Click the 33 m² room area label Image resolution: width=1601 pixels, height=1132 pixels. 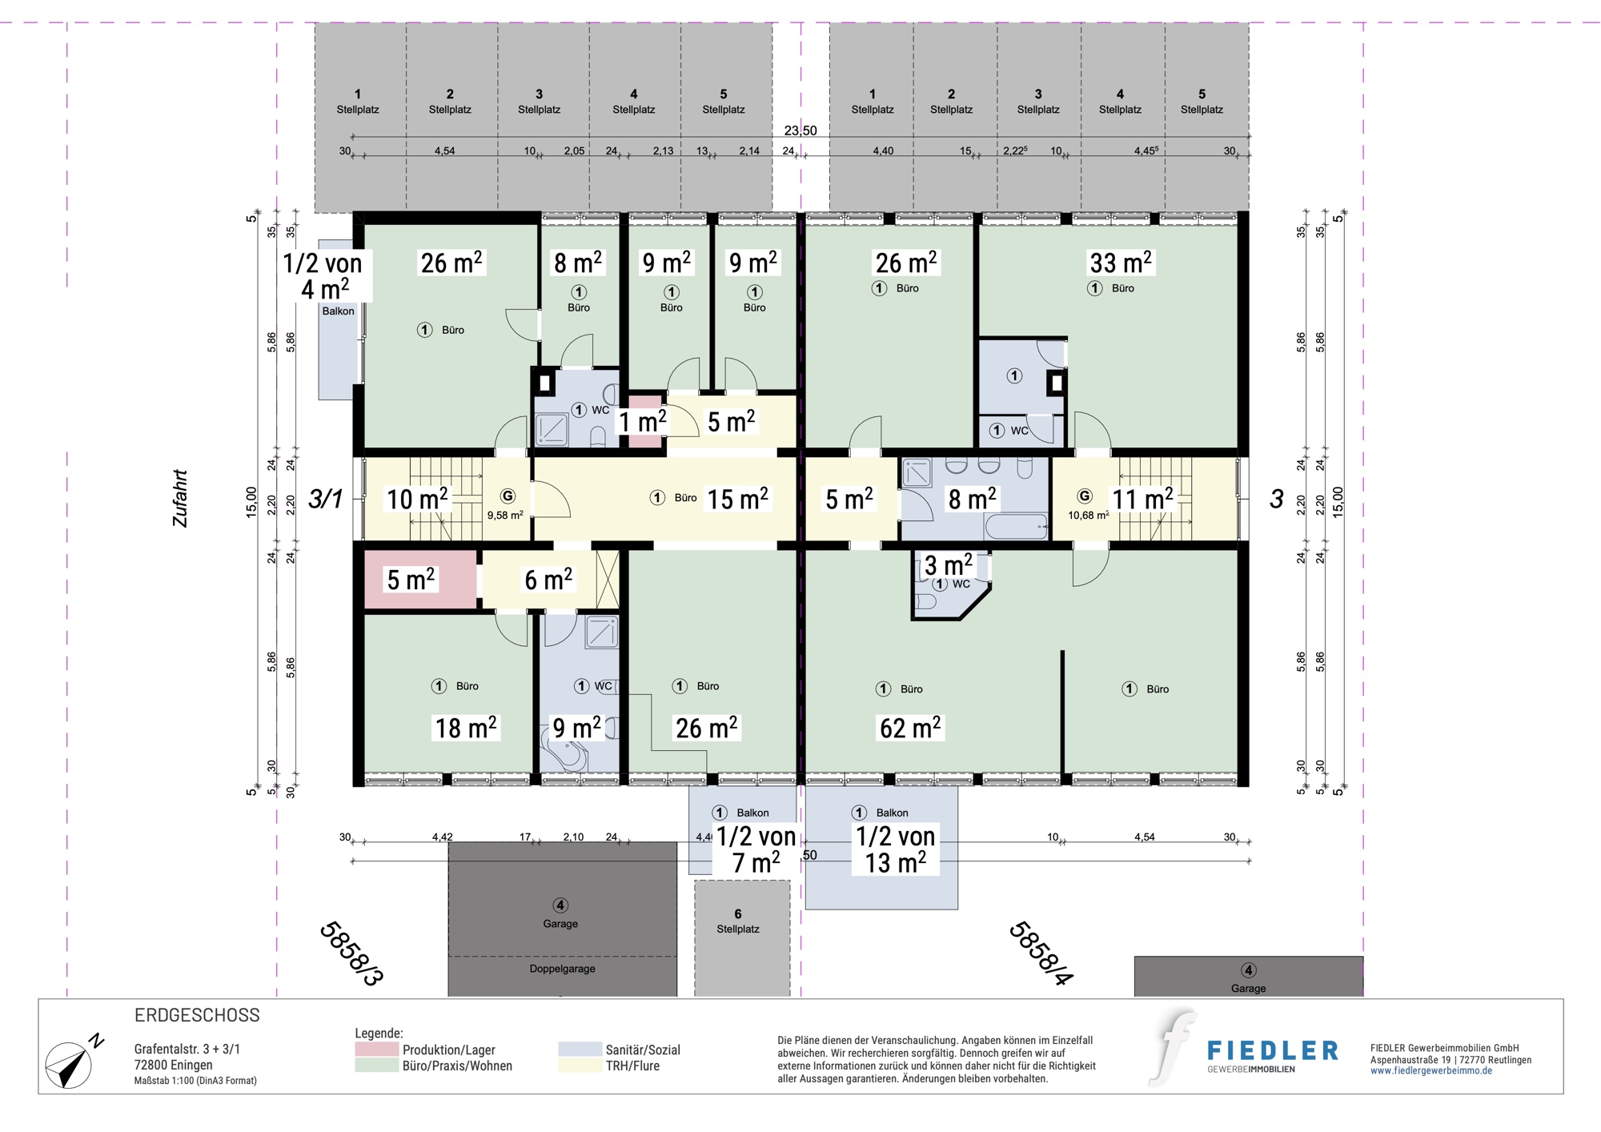tap(1121, 262)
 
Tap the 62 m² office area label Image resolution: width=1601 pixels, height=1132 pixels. tap(910, 728)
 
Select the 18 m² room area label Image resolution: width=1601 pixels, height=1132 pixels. tap(465, 728)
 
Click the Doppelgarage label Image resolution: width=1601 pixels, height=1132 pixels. tap(562, 969)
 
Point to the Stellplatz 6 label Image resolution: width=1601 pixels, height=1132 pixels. tap(738, 921)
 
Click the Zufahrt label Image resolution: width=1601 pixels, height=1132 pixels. tap(180, 499)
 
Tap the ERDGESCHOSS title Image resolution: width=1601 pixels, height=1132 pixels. tap(197, 1015)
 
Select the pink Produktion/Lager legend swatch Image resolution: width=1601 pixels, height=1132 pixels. tap(376, 1049)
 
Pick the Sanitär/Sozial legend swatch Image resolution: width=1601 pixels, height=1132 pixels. tap(580, 1049)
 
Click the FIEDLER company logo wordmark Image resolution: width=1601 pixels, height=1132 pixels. tap(1273, 1050)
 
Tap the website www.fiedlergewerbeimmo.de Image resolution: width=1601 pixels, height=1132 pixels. tap(1431, 1071)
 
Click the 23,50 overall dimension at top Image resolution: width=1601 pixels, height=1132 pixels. tap(800, 130)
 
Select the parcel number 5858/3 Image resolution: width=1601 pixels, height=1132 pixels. tap(351, 953)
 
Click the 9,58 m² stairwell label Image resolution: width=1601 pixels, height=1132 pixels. tap(505, 516)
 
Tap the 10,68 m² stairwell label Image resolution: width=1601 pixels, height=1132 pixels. tap(1089, 516)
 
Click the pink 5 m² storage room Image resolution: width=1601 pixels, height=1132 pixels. tap(421, 579)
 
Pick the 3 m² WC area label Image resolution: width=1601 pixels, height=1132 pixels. tap(949, 565)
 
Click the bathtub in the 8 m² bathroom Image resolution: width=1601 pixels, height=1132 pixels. tap(1016, 527)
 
